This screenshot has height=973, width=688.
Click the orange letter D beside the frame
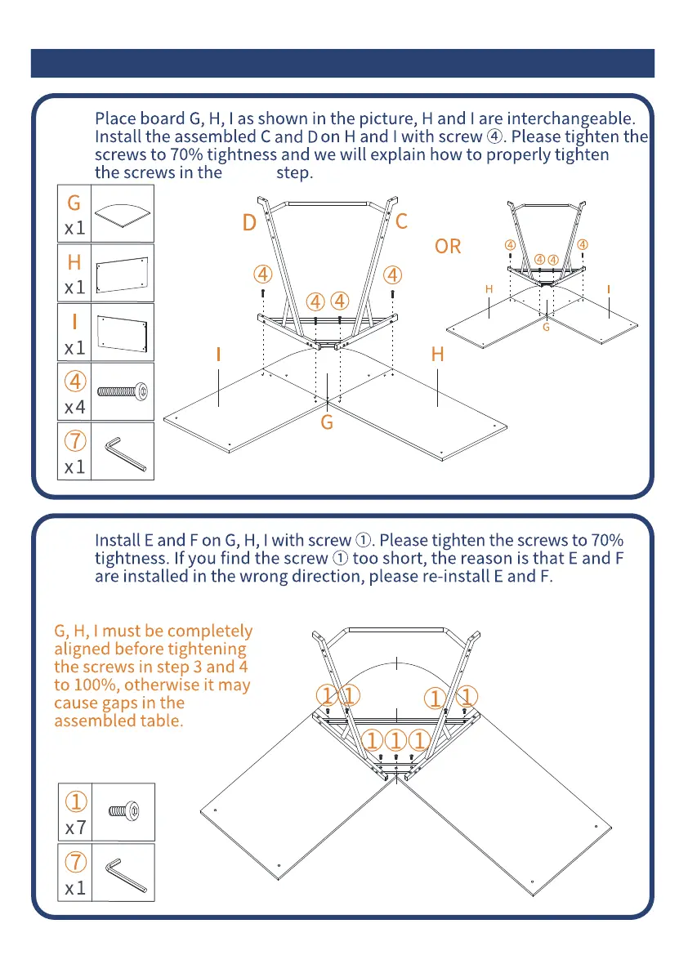click(249, 222)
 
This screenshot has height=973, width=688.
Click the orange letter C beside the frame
click(401, 221)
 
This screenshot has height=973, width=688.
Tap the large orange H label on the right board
click(437, 355)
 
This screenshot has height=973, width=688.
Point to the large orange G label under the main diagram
click(327, 423)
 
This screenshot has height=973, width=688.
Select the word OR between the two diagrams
click(448, 246)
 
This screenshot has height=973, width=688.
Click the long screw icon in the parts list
click(123, 391)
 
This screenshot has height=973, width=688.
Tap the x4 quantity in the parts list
click(74, 407)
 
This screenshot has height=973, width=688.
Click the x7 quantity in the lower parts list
click(74, 828)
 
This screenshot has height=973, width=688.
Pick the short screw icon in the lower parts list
click(123, 812)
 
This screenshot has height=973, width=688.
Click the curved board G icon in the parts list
click(123, 214)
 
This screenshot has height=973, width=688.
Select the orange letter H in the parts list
click(74, 262)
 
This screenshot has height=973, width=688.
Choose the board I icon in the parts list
click(123, 332)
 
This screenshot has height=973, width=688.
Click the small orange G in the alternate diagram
click(546, 328)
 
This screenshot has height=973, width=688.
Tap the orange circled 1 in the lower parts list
click(74, 801)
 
